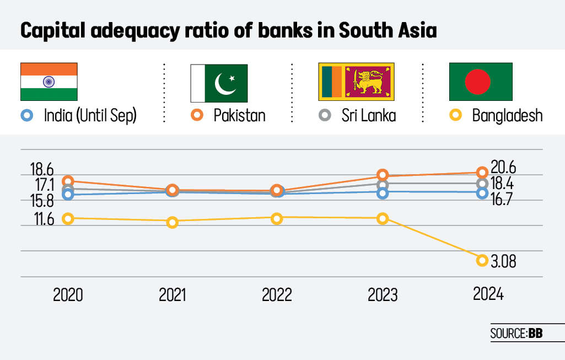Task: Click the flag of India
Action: coord(49,81)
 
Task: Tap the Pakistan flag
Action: coord(219,83)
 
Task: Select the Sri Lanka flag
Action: coord(356,82)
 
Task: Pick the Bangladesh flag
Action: coord(481,82)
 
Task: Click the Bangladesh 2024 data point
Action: coord(482,260)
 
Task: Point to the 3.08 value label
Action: coord(503,261)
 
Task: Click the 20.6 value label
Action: coord(503,168)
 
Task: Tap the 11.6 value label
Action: coord(43,219)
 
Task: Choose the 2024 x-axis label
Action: coord(488,294)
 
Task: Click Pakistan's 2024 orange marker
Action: coord(482,172)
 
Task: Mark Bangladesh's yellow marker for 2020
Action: coord(68,218)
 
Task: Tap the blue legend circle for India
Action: coord(25,115)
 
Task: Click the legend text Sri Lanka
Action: coord(368,115)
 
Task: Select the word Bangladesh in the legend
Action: coord(507,115)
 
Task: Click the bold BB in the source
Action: coord(535,334)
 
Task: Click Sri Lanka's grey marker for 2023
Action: coord(383,184)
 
